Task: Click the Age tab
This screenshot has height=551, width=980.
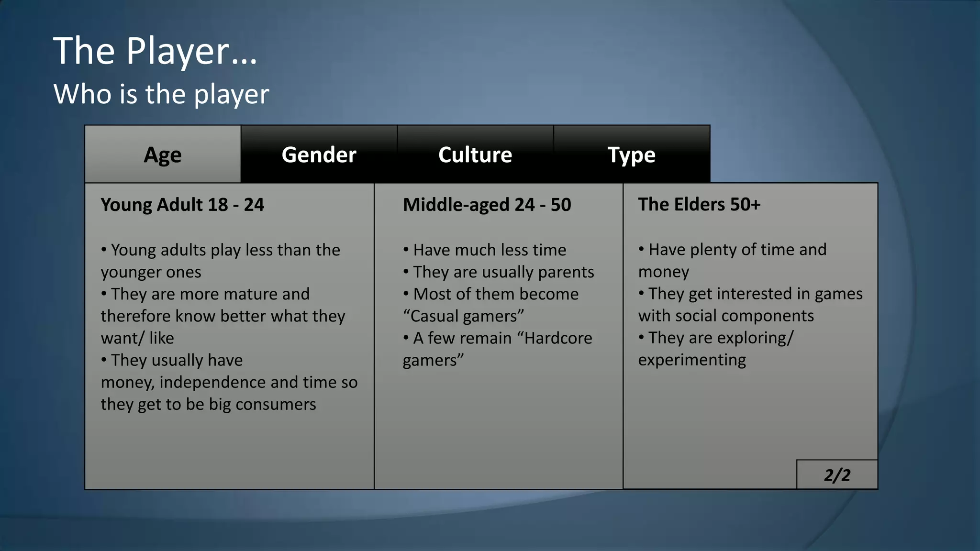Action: pos(163,154)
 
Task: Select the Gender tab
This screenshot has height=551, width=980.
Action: pos(319,154)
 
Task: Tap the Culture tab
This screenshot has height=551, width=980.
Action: pos(475,154)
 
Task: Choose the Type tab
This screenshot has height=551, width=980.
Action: pos(631,154)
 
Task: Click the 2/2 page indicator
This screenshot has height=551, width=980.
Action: pos(837,475)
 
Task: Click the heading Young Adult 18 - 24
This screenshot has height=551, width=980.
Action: pos(182,205)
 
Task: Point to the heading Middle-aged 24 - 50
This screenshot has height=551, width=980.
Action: pos(487,205)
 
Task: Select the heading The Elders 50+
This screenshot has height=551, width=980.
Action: pos(699,204)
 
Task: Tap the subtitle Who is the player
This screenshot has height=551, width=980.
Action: pos(161,94)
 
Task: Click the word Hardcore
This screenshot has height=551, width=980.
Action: pos(558,338)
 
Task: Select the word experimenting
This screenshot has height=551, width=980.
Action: pos(692,360)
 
